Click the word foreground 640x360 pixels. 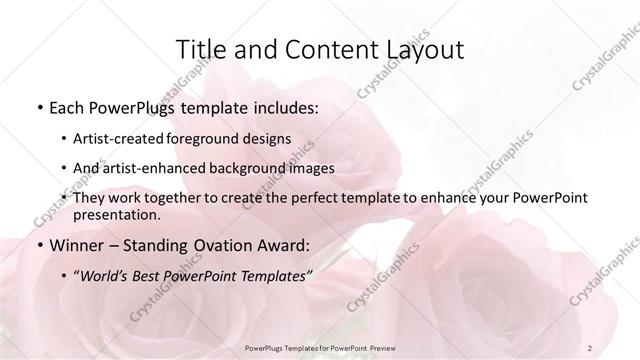click(213, 138)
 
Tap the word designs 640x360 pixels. click(271, 138)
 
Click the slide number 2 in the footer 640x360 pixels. click(589, 347)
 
